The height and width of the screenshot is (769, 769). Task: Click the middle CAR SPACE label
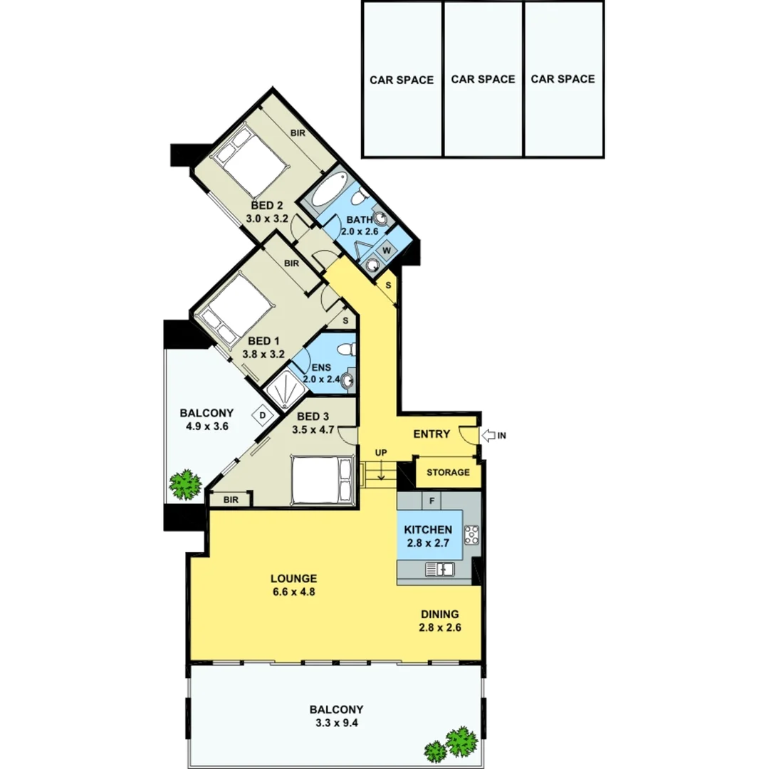click(x=483, y=79)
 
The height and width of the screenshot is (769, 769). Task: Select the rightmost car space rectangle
click(x=563, y=79)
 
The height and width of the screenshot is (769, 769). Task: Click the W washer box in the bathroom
click(x=388, y=250)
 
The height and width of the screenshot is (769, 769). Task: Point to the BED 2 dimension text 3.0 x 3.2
click(x=267, y=219)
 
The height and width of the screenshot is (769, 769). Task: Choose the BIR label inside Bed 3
click(x=230, y=500)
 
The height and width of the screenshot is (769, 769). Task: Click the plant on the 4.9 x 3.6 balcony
click(x=186, y=485)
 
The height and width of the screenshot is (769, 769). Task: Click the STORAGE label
click(x=448, y=472)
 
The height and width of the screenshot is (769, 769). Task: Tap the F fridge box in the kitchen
click(x=431, y=500)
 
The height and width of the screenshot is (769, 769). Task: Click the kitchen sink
click(x=440, y=568)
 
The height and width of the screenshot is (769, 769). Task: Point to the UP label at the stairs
click(x=382, y=452)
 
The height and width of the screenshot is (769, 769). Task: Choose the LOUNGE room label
click(x=293, y=579)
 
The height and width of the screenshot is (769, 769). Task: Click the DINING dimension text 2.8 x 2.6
click(x=439, y=627)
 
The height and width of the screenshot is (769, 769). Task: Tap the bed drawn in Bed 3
click(x=323, y=481)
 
